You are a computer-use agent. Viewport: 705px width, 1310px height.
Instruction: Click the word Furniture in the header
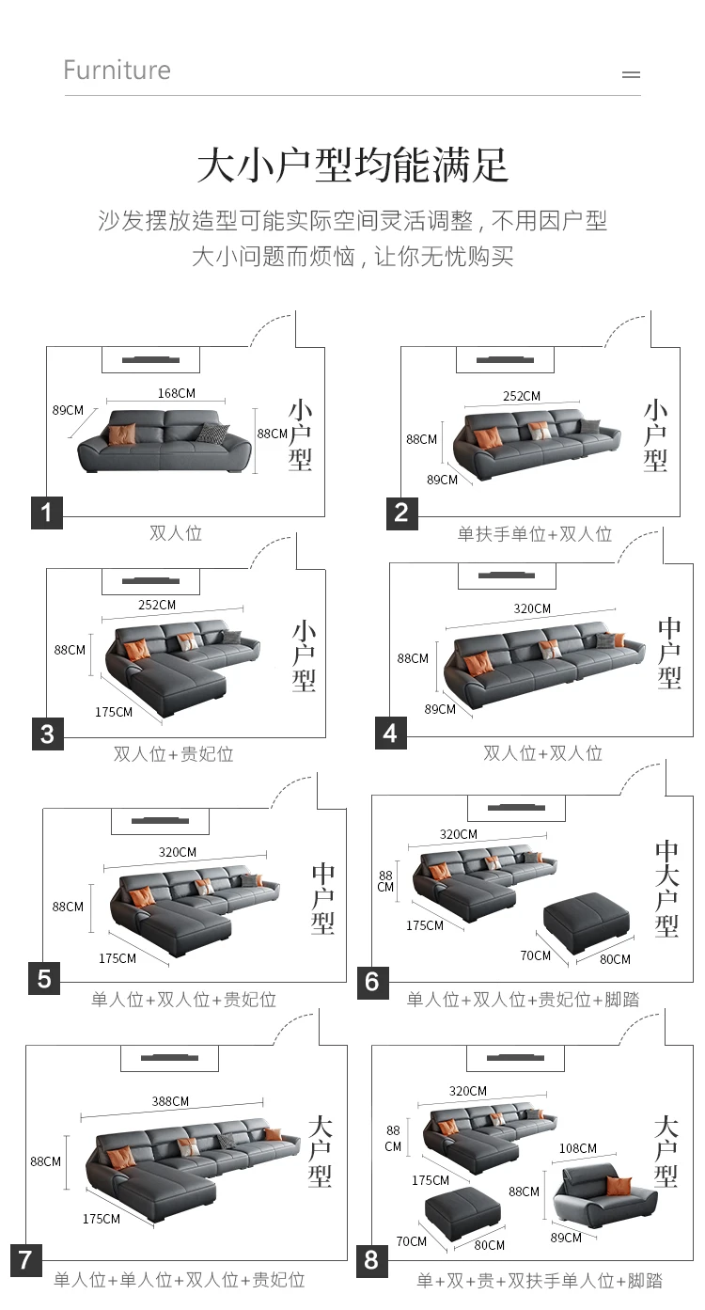point(117,71)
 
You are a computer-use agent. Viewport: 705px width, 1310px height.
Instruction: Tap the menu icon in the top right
point(632,74)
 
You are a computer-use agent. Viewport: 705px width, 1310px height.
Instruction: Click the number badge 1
point(47,513)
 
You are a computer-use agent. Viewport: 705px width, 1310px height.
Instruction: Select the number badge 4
point(391,733)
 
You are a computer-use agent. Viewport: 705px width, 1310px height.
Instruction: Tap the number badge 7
point(25,1259)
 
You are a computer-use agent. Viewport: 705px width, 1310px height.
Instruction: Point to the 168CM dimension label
point(177,393)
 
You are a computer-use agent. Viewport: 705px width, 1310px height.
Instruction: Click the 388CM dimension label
point(170,1101)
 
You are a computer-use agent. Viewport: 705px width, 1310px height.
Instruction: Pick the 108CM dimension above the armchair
point(577,1148)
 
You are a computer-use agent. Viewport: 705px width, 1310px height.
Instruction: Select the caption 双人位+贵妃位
point(173,753)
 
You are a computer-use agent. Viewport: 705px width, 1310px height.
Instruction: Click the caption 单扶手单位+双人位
point(534,534)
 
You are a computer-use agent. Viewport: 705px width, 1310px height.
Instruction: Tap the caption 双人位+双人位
point(542,753)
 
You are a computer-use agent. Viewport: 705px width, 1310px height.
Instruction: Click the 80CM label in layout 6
point(615,959)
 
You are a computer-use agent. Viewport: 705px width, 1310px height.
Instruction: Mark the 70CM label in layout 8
point(411,1241)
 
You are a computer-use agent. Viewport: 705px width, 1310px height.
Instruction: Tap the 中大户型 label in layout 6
point(666,888)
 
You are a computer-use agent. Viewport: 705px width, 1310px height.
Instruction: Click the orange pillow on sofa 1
point(122,434)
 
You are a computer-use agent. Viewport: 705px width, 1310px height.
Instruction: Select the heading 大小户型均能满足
point(352,166)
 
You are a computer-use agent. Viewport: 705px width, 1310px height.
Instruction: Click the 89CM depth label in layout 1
point(68,410)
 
